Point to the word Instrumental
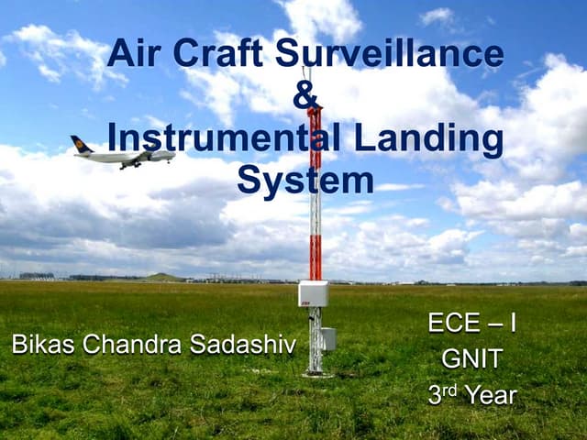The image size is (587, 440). coord(229,138)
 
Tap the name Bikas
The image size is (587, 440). coord(44,345)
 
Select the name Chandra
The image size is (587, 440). coord(132,345)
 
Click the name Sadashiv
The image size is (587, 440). coord(243,345)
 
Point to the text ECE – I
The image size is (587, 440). coord(471,324)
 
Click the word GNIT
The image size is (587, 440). coord(471,359)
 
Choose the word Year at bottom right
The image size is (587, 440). coord(491,395)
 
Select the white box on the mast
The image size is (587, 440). coord(313,293)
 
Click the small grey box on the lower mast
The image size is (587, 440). coord(327,338)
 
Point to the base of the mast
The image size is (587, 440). coord(316,371)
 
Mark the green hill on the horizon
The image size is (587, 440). coord(162,277)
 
